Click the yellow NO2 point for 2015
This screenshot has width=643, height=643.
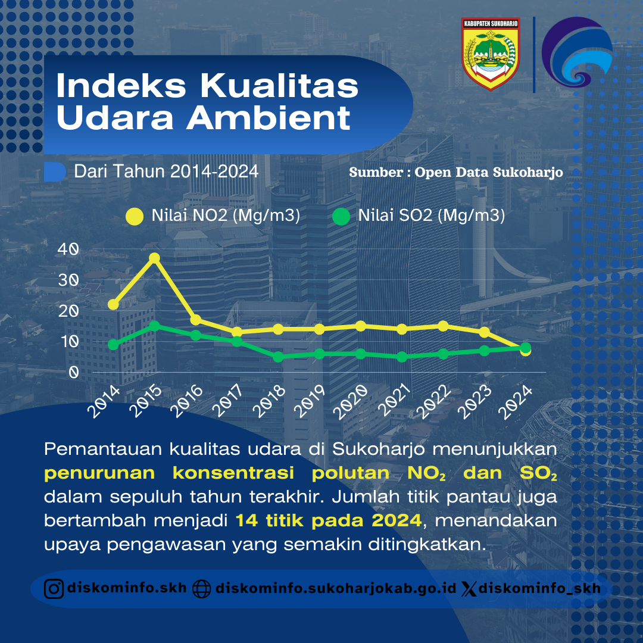pos(154,258)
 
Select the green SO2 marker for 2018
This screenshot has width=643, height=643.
pos(278,357)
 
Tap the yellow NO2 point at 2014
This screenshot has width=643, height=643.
pos(113,304)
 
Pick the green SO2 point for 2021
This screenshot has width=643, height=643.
pos(402,357)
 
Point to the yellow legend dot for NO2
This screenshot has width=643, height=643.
pos(135,216)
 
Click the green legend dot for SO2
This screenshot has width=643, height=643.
pos(341,216)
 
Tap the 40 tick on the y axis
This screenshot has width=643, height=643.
pos(68,249)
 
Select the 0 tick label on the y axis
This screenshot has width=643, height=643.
pos(74,372)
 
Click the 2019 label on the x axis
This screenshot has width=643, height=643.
pos(309,401)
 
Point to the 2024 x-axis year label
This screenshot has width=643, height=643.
pos(515,402)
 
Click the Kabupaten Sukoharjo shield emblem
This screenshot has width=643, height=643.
pos(491,54)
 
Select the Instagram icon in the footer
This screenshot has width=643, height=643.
pos(54,589)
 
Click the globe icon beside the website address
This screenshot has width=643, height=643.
pos(201,589)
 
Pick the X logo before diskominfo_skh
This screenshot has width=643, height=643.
pos(469,589)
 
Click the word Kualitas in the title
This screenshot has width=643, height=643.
pos(279,86)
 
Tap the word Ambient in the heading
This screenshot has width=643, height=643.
pos(269,118)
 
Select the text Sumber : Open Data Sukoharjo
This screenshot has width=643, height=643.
pos(456,172)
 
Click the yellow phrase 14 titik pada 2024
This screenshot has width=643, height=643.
pos(329,520)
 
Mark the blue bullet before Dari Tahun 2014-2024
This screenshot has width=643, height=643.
pos(55,171)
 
